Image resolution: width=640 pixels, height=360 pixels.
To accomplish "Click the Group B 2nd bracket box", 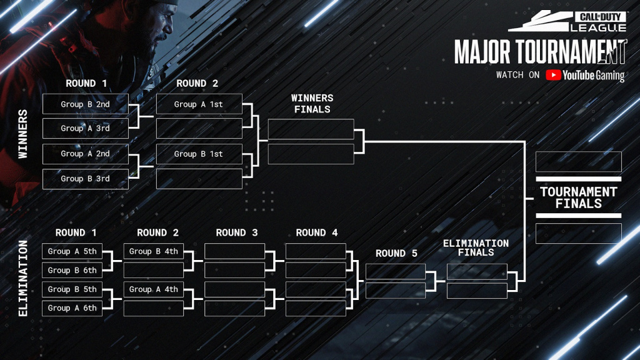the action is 85,104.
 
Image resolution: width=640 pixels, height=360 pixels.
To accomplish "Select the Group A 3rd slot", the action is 85,128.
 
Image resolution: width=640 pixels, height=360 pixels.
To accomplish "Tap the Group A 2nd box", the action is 85,154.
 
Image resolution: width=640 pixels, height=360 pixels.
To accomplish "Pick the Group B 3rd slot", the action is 85,179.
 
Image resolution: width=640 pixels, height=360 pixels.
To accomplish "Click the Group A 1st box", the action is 199,104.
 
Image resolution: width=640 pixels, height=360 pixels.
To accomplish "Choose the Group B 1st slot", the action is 199,154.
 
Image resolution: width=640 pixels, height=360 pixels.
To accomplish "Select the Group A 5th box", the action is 72,251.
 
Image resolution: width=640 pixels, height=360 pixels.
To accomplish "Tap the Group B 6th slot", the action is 72,270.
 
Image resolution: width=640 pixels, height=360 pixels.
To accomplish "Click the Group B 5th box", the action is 72,289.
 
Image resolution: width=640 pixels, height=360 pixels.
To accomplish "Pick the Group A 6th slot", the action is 72,308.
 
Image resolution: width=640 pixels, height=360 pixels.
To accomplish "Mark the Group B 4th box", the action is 154,251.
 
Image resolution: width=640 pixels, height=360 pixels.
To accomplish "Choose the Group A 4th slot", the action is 154,289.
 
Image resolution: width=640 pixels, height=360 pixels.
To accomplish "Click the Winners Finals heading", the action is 312,104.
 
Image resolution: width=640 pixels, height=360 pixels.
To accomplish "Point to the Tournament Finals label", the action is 578,197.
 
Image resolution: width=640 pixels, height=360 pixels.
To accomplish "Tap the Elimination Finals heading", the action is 476,247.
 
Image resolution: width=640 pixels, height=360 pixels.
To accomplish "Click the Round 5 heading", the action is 396,254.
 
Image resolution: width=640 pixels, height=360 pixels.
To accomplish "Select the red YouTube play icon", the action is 553,75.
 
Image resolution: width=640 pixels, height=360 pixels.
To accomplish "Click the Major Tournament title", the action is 541,52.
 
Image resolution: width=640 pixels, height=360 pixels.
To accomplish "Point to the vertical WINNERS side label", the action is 23,134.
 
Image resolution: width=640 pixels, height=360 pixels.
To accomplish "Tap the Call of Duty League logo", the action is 567,21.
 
